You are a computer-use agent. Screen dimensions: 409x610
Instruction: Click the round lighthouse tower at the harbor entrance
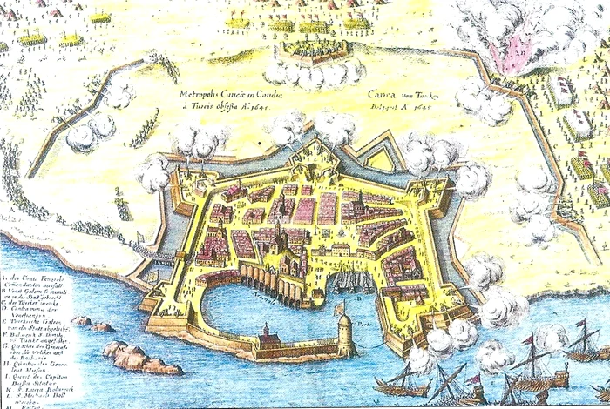tap(344, 330)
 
